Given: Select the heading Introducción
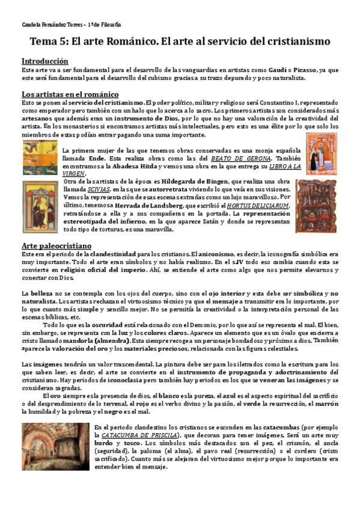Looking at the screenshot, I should point(44,61).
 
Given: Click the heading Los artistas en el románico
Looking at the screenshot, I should point(70,94).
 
